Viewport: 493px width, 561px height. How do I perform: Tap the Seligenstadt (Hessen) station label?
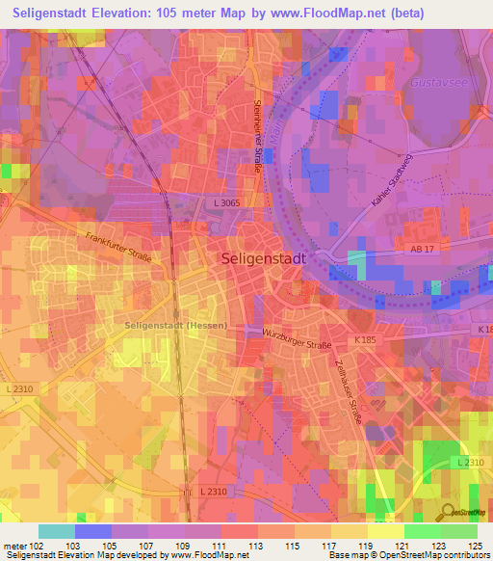tap(176, 325)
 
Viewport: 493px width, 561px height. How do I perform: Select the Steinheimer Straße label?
tap(257, 135)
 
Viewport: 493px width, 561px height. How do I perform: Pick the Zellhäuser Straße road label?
tap(348, 390)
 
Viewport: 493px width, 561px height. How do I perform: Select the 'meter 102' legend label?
tap(21, 546)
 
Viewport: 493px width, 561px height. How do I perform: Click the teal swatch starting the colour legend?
tap(57, 531)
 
